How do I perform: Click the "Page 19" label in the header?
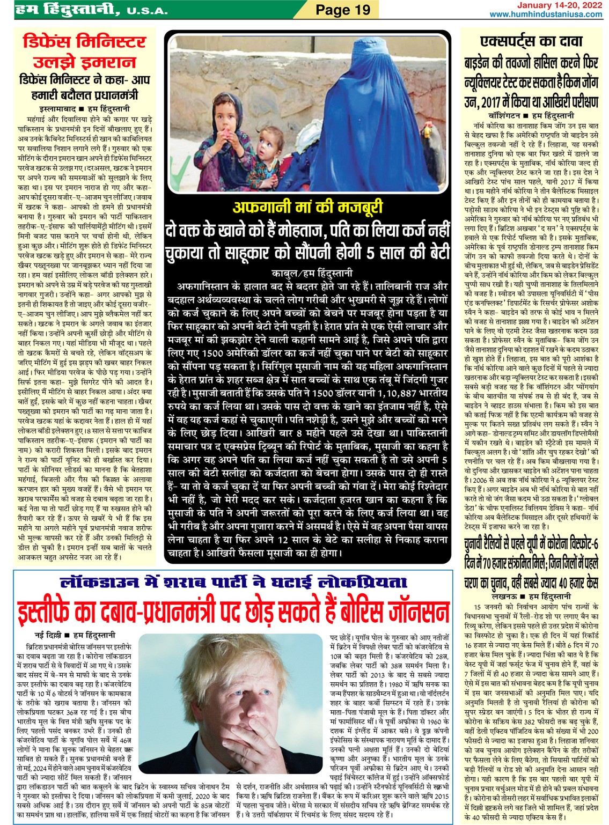[x=342, y=10]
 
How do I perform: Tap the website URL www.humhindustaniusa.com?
[x=545, y=14]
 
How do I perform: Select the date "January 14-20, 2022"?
[x=559, y=5]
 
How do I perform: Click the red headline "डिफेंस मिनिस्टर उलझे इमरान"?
[x=84, y=51]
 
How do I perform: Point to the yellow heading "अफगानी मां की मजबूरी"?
[x=308, y=207]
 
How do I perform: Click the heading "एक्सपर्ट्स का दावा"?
[x=531, y=42]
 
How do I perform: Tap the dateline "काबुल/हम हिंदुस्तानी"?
[x=312, y=273]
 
